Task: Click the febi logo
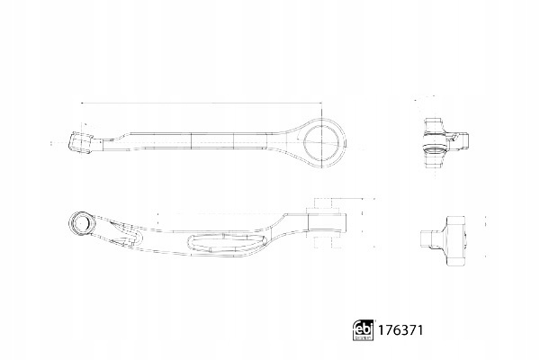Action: [x=364, y=330]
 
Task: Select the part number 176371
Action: [x=400, y=330]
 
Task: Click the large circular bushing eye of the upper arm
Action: [x=321, y=142]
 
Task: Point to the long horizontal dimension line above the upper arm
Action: [x=202, y=103]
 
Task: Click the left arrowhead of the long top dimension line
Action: [x=82, y=103]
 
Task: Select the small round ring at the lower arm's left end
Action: [x=81, y=223]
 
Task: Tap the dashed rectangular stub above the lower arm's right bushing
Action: [x=323, y=203]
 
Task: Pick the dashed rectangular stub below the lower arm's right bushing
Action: [x=323, y=243]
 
